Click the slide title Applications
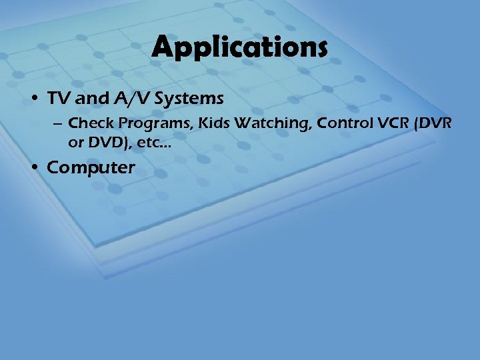click(240, 47)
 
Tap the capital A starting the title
click(165, 47)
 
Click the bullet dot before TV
click(34, 99)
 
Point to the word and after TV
click(89, 99)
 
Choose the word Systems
click(191, 99)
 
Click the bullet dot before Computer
click(34, 168)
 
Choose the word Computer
click(91, 168)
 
